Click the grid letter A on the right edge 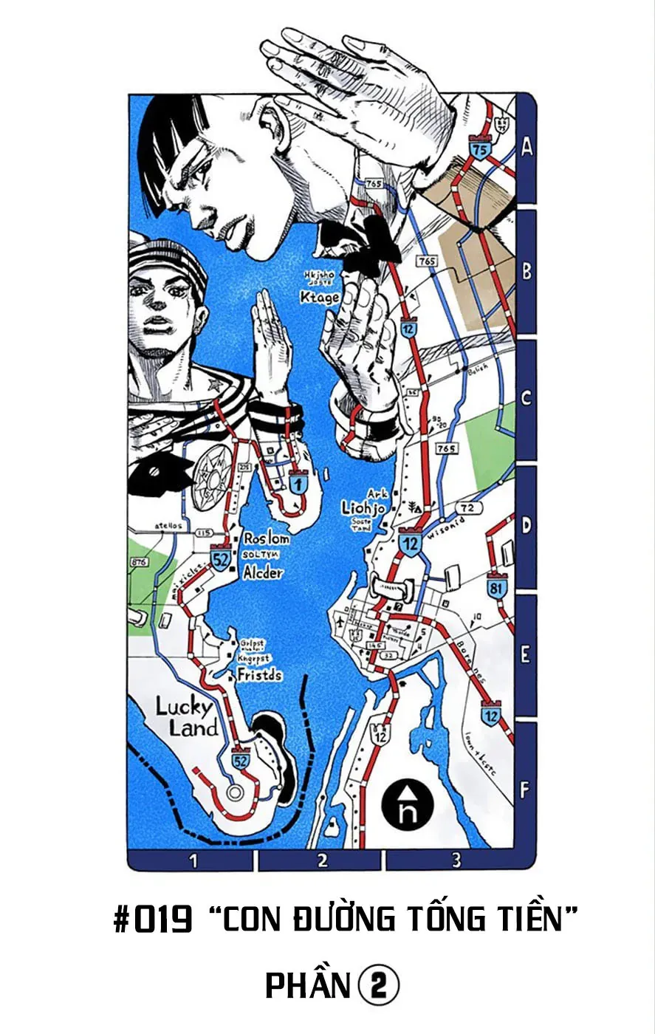526,147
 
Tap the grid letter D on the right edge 526,526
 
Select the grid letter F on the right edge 524,790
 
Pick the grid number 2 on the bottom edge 322,860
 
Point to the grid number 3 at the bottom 456,860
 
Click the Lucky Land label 185,717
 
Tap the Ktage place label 320,297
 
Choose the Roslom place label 266,538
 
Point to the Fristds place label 259,674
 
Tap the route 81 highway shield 497,589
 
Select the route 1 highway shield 298,485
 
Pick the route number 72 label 467,508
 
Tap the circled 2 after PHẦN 379,985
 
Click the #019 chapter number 154,920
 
